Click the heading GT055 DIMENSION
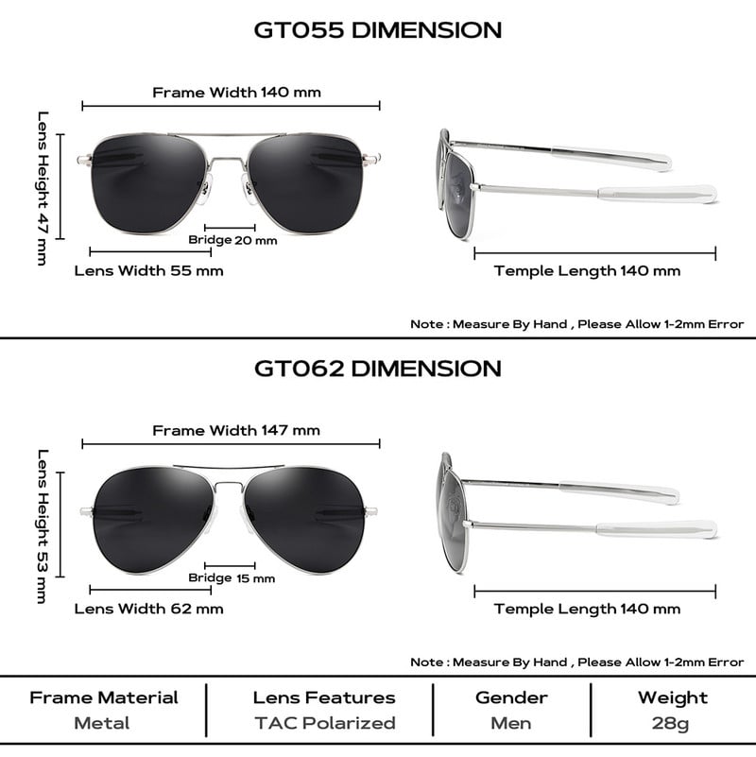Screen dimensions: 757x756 [378, 29]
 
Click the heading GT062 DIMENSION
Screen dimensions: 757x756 [378, 367]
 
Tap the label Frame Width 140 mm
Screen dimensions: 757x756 [236, 93]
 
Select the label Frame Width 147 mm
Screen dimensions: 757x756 [236, 430]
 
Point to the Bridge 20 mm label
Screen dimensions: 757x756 [232, 240]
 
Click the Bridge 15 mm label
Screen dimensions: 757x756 [232, 577]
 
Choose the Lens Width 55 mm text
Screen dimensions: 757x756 [148, 270]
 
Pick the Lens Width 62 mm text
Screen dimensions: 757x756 [148, 608]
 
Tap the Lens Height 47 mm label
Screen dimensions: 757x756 [43, 188]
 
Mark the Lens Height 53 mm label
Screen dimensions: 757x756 [43, 525]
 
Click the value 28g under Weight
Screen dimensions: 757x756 [672, 723]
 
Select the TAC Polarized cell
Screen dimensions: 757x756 [323, 723]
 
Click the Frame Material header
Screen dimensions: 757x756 [103, 698]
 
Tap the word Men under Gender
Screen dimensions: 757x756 [510, 723]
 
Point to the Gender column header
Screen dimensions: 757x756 [510, 698]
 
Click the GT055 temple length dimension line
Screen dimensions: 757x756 [594, 253]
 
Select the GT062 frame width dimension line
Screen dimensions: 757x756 [231, 443]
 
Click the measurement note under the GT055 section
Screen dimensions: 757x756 [576, 324]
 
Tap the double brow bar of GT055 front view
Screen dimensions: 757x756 [231, 137]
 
